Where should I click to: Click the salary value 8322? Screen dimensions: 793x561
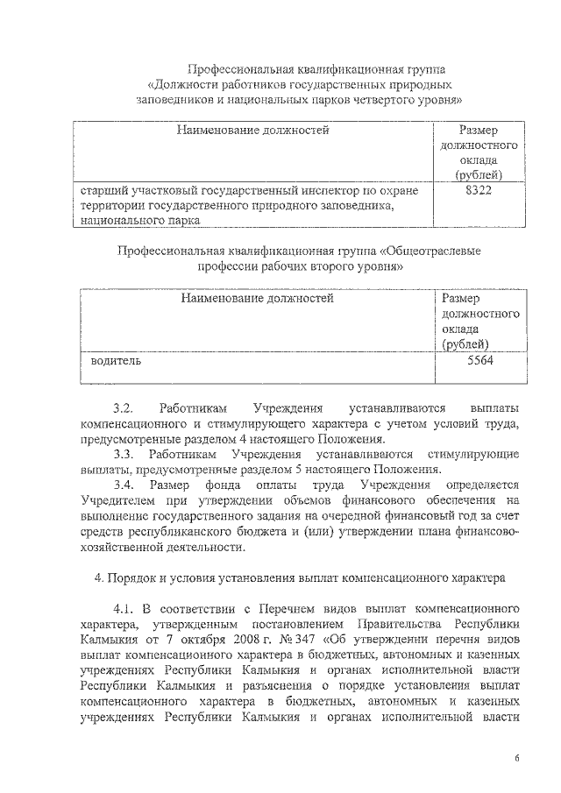click(479, 190)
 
